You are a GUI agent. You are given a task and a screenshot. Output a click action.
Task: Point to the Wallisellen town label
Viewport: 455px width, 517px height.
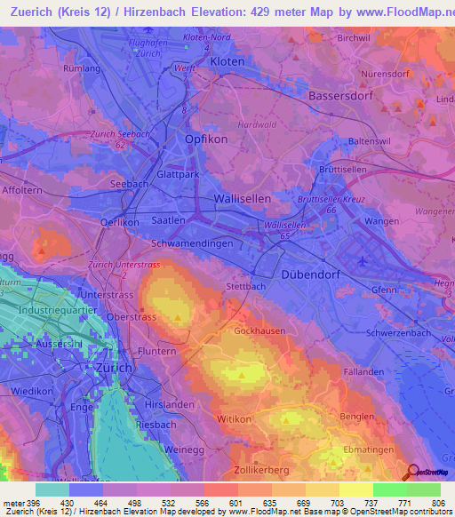point(243,200)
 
